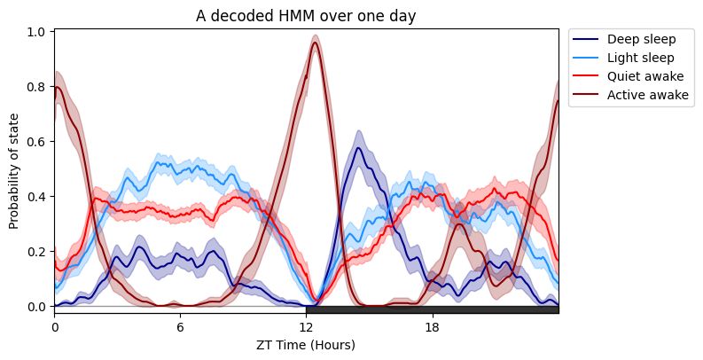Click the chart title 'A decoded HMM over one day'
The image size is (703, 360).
[306, 15]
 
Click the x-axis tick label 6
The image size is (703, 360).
[181, 326]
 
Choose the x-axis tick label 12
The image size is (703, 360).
[307, 326]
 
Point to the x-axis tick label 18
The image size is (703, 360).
[433, 326]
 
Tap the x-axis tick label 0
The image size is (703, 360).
[55, 326]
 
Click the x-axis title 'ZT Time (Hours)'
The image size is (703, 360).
[306, 344]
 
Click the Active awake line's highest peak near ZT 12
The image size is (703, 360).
[315, 43]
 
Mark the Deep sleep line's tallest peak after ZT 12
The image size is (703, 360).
[357, 148]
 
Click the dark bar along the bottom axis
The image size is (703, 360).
[432, 309]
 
